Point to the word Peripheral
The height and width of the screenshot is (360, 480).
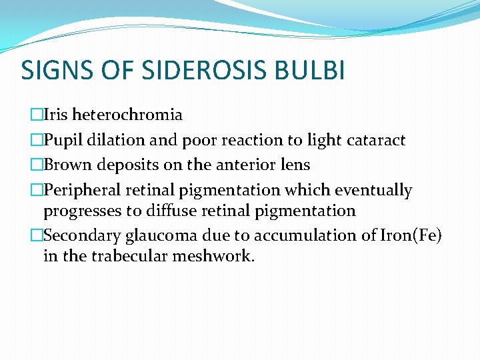click(81, 190)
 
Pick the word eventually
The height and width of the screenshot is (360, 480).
click(373, 190)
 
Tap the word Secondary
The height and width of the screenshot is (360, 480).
click(79, 235)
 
